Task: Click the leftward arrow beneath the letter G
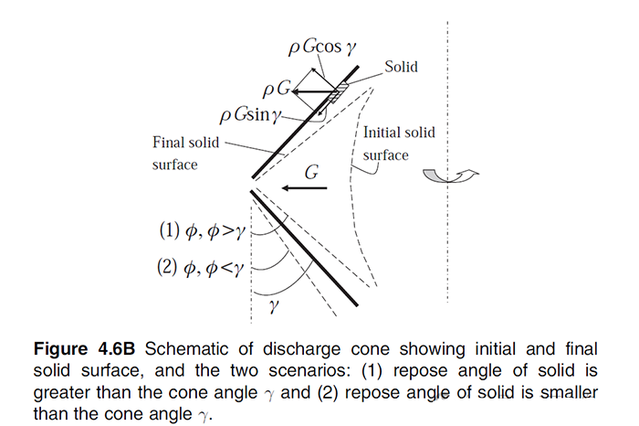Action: [305, 189]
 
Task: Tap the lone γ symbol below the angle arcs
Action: [271, 309]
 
